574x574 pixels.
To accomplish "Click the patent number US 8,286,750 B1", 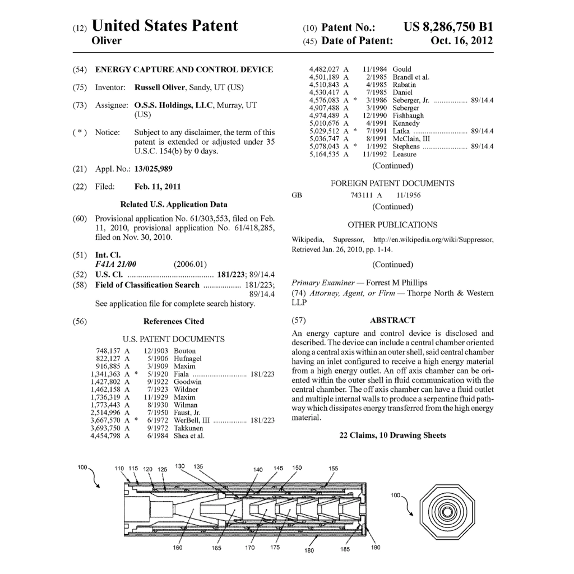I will click(x=448, y=26).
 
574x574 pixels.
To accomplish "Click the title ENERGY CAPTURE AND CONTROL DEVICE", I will click(x=184, y=70).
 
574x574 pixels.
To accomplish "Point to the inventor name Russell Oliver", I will click(x=160, y=87).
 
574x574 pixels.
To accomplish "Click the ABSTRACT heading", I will click(x=392, y=320).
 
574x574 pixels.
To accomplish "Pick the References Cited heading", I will click(x=174, y=321).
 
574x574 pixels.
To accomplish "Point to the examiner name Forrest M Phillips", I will click(x=396, y=283).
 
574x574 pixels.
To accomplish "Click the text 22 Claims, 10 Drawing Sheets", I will click(x=392, y=435).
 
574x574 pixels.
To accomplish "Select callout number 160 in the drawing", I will click(x=177, y=548).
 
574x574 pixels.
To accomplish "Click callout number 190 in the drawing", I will click(x=376, y=548).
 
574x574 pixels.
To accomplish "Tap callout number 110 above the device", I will click(x=119, y=469).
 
